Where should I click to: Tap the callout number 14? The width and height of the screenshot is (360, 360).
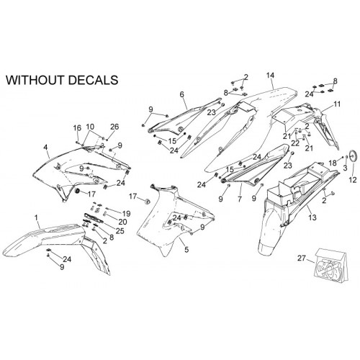click(x=270, y=76)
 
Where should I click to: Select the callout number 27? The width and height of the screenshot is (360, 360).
click(x=302, y=258)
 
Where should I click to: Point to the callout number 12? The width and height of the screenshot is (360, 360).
click(x=353, y=180)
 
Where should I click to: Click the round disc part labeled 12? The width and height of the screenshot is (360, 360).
click(x=354, y=156)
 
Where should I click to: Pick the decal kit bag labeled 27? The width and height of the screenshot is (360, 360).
click(x=331, y=265)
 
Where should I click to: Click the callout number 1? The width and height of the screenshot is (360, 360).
click(x=36, y=218)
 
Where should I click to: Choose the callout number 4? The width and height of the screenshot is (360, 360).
click(x=45, y=147)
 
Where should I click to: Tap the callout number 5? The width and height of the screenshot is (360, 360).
click(x=186, y=250)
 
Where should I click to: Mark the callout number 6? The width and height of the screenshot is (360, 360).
click(x=181, y=94)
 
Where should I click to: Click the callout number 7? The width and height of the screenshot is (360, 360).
click(x=240, y=199)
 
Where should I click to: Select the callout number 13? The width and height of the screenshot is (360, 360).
click(x=312, y=217)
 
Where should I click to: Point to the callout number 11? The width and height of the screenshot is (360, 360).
click(x=337, y=104)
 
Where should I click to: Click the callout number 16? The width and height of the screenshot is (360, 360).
click(x=77, y=128)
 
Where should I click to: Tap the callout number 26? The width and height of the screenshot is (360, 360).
click(x=114, y=127)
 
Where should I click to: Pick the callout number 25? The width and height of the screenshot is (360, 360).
click(x=120, y=231)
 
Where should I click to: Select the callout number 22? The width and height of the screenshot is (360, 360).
click(x=295, y=143)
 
